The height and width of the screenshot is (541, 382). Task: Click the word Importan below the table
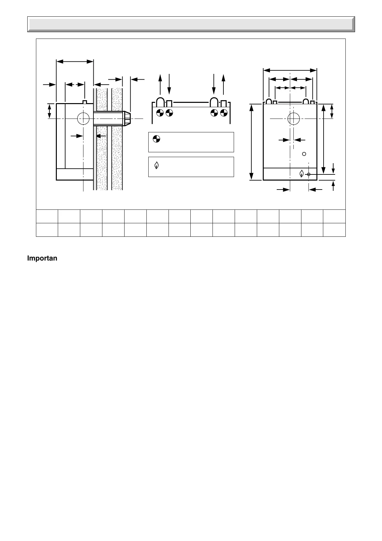point(42,259)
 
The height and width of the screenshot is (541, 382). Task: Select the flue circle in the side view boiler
point(83,119)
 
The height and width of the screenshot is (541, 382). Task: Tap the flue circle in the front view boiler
point(293,119)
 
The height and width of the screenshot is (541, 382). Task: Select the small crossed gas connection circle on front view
point(308,174)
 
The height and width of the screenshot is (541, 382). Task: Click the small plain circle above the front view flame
point(304,154)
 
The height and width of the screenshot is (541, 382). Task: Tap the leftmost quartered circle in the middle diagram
point(160,112)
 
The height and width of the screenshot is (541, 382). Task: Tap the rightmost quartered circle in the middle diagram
point(224,112)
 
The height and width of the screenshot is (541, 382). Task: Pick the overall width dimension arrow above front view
point(290,70)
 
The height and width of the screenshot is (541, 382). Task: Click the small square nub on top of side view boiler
point(85,102)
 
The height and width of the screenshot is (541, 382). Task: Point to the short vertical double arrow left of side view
point(49,111)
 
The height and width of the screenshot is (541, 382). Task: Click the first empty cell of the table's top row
point(47,216)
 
